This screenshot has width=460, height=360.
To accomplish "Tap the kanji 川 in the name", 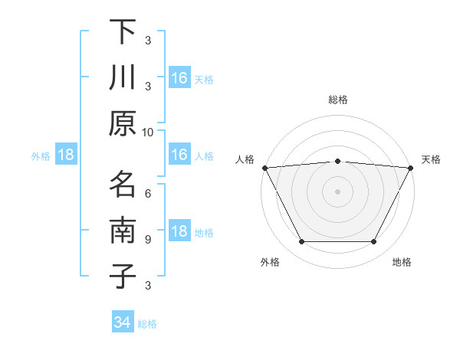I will click(x=122, y=77).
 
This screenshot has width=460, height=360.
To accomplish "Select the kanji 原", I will click(x=122, y=123).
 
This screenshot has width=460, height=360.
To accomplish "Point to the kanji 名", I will click(x=122, y=184).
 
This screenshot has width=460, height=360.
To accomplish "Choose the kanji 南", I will click(x=122, y=230).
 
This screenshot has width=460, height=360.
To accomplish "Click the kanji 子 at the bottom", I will click(x=122, y=276).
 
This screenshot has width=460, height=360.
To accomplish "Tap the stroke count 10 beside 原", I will click(x=148, y=132).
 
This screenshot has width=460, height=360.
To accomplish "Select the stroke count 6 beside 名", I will click(x=148, y=193).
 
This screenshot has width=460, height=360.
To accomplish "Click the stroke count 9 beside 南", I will click(x=148, y=239).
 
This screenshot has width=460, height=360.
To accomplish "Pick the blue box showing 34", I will click(x=122, y=322).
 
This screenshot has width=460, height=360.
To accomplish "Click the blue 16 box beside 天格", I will click(x=179, y=77).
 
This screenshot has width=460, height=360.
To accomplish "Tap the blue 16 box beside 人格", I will click(x=179, y=155).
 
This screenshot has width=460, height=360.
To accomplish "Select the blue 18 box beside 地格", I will click(x=179, y=232).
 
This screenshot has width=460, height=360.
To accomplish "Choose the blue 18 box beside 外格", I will click(x=66, y=155).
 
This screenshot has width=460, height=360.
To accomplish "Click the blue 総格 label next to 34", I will click(x=147, y=324).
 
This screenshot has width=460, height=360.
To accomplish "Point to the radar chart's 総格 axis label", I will click(x=337, y=100).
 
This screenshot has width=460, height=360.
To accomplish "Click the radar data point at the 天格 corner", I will click(x=411, y=168).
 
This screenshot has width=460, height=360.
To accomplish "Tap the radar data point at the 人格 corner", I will click(x=264, y=168).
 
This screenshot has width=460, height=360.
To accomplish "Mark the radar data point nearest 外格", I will click(x=301, y=242).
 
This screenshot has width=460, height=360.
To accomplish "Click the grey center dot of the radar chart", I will click(x=337, y=191).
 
